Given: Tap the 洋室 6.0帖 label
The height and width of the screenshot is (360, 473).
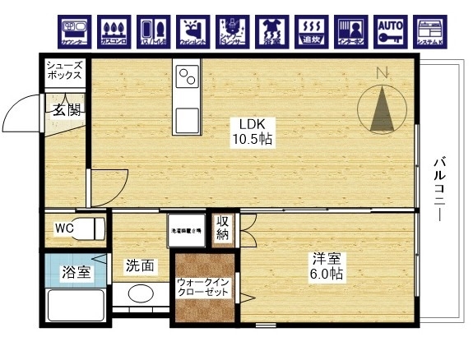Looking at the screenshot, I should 327,265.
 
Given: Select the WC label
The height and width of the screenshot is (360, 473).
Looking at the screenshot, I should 64,228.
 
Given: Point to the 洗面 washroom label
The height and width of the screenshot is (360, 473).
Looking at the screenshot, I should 139,265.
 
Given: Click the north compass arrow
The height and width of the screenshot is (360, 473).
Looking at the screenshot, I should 382,108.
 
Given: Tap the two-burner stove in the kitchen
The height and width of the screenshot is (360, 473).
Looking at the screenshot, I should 187,78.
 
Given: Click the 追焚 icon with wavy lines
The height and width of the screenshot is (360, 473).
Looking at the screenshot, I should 309,30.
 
